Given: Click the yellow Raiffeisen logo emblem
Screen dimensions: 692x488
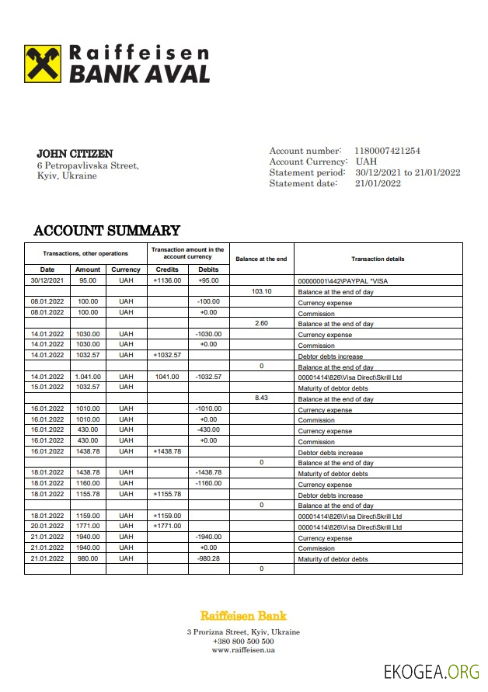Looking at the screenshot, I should point(44,64).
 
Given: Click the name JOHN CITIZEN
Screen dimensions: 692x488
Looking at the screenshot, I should point(75,154).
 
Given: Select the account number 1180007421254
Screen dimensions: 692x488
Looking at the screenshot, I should point(387,151).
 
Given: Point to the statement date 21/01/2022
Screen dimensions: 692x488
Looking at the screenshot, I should point(378,183).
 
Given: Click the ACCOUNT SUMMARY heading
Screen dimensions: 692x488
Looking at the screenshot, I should point(106,231).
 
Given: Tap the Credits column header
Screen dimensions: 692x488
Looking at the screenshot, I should point(167,269).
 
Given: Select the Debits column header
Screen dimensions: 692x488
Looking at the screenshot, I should point(208,269).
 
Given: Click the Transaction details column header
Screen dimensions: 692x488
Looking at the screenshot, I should point(378,259).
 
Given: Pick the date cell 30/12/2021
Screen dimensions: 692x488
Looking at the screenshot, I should point(47,280).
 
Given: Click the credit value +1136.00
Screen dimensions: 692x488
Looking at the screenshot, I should point(167,280).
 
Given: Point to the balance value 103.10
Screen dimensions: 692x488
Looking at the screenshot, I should point(261,291).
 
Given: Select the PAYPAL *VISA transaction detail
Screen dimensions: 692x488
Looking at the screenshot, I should point(343,280).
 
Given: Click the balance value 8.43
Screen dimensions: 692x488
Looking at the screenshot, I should point(261,398).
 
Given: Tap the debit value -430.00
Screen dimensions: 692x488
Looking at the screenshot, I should point(208,429).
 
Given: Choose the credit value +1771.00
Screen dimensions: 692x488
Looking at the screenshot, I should point(167,526).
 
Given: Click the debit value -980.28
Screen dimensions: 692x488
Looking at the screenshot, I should point(208,558).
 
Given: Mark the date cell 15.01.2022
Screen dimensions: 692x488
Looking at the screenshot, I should point(47,387).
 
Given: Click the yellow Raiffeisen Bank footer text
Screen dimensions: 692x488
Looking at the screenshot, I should point(243,616).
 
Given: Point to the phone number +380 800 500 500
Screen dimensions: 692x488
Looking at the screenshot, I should point(243,642).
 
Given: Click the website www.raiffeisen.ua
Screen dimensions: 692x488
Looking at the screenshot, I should point(243,650).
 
